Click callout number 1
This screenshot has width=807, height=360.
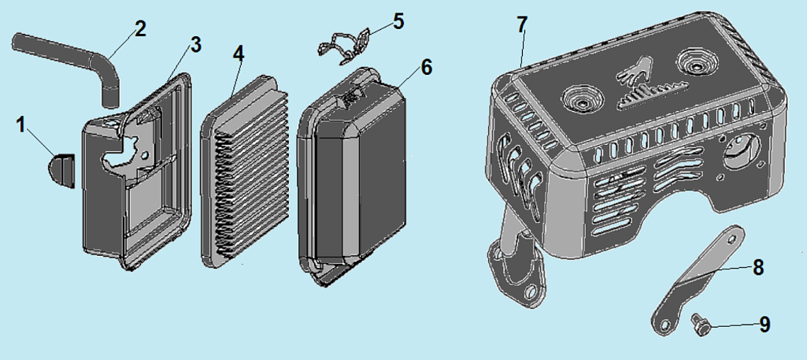[x=20, y=125]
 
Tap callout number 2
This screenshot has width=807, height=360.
[x=139, y=28]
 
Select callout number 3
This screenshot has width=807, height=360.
[x=195, y=45]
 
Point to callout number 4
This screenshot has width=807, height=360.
[x=238, y=53]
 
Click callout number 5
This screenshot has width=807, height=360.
[x=398, y=21]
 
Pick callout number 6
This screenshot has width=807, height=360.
[x=426, y=68]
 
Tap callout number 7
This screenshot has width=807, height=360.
[x=522, y=24]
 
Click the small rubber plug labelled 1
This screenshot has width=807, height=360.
[x=62, y=170]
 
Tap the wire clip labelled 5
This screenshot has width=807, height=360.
[x=344, y=46]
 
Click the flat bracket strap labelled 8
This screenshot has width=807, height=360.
[x=699, y=280]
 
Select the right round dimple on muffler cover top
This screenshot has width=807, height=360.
[x=697, y=61]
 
